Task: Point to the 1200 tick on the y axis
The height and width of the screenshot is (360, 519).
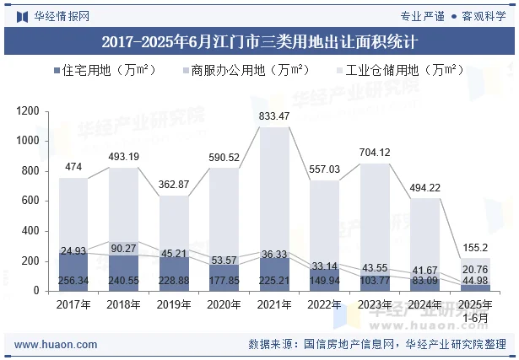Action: pyautogui.click(x=29, y=111)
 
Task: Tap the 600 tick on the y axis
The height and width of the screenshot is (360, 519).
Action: pyautogui.click(x=31, y=201)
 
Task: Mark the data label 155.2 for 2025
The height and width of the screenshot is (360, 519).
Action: pyautogui.click(x=477, y=248)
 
